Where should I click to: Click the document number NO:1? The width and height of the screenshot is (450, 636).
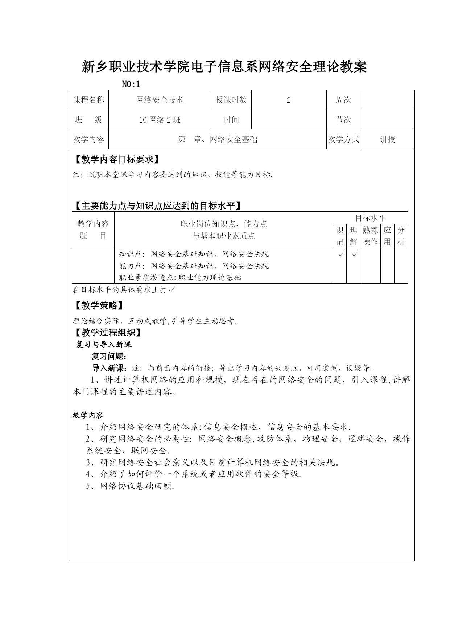pyautogui.click(x=131, y=84)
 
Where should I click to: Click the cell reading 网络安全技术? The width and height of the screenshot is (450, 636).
pyautogui.click(x=160, y=100)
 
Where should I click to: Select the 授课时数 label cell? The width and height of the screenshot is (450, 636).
pyautogui.click(x=231, y=100)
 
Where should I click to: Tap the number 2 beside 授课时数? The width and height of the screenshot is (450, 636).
pyautogui.click(x=289, y=100)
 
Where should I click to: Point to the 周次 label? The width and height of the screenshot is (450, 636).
pyautogui.click(x=343, y=100)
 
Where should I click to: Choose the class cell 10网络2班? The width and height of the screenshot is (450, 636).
pyautogui.click(x=160, y=120)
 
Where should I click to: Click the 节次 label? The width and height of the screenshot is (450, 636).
pyautogui.click(x=343, y=120)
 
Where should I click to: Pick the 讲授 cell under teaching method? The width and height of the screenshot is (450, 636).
pyautogui.click(x=387, y=140)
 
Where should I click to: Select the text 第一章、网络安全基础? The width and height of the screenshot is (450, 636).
pyautogui.click(x=218, y=140)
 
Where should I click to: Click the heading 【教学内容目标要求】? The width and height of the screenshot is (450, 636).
pyautogui.click(x=117, y=160)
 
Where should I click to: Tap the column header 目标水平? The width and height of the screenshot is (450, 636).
pyautogui.click(x=370, y=218)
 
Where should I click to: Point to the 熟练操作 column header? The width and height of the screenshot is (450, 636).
pyautogui.click(x=370, y=236)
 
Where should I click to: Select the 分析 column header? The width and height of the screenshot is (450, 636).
pyautogui.click(x=401, y=236)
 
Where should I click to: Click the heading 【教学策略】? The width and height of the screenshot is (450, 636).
pyautogui.click(x=99, y=306)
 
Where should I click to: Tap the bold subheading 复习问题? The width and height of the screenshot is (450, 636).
pyautogui.click(x=109, y=356)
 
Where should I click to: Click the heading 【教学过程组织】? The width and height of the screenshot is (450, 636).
pyautogui.click(x=108, y=333)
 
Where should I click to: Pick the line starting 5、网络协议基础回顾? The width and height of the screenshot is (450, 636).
pyautogui.click(x=130, y=486)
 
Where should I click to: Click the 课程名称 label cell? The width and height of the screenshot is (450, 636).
pyautogui.click(x=88, y=100)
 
